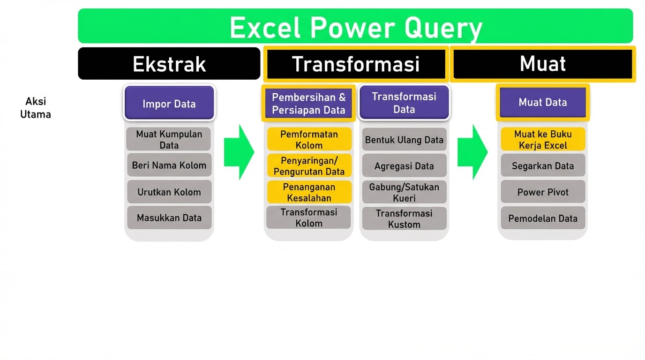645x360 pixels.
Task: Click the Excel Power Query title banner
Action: pos(355,26)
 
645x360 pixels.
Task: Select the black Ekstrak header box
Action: pos(169,64)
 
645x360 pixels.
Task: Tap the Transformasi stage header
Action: pos(355,64)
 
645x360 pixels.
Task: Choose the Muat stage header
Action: pos(542,64)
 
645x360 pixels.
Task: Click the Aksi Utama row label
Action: pos(36,108)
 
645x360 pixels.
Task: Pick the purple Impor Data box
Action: pos(169,103)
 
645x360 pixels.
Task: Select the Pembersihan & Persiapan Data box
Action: pos(308,104)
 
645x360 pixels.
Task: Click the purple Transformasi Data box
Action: pos(404,103)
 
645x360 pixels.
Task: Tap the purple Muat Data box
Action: pos(542,102)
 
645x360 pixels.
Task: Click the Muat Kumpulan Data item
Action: pos(169,139)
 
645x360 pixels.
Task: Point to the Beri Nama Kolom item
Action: pos(169,165)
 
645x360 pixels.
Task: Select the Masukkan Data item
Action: pos(169,217)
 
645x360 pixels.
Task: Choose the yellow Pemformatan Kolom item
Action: pos(309,139)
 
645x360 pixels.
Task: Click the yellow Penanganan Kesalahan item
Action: pos(309,192)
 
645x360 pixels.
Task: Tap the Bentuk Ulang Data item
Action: pos(404,140)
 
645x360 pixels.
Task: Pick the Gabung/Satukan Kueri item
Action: pos(404,192)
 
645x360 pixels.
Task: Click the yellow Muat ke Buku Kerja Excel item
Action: pos(542,139)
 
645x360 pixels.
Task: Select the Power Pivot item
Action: pos(542,192)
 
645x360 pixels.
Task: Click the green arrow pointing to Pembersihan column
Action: pos(239,152)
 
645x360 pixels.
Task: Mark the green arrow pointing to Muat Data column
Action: pos(472,152)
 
